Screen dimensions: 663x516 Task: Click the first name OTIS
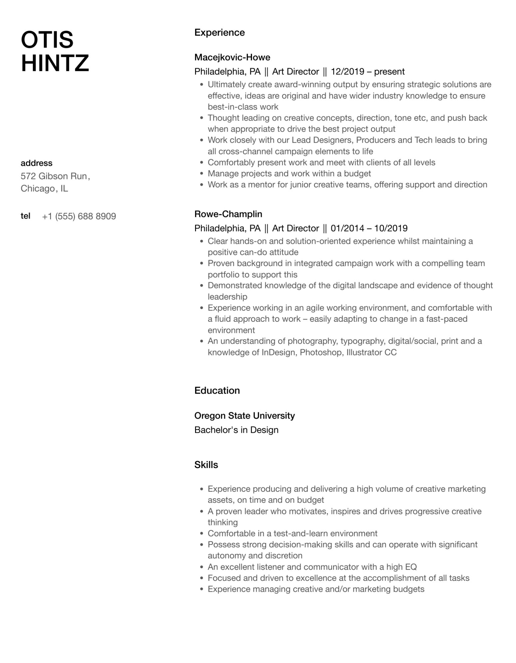(47, 40)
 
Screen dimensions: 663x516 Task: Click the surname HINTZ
(55, 63)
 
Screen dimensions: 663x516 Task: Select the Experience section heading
(219, 33)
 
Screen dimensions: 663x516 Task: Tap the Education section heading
(217, 391)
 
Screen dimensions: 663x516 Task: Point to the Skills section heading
(206, 465)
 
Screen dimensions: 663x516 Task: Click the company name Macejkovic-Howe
(232, 58)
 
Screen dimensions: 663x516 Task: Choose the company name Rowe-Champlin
(228, 214)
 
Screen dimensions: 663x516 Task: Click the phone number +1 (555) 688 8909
(79, 217)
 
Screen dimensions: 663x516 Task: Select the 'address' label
(36, 163)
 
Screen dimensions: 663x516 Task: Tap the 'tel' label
(25, 216)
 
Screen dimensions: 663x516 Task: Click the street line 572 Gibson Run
(55, 176)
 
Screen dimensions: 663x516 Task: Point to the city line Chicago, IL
(44, 189)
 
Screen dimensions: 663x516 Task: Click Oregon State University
(244, 416)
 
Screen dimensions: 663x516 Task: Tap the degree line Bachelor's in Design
(236, 430)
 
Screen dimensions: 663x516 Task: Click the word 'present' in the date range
(389, 72)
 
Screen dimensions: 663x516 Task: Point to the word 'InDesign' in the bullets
(278, 352)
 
